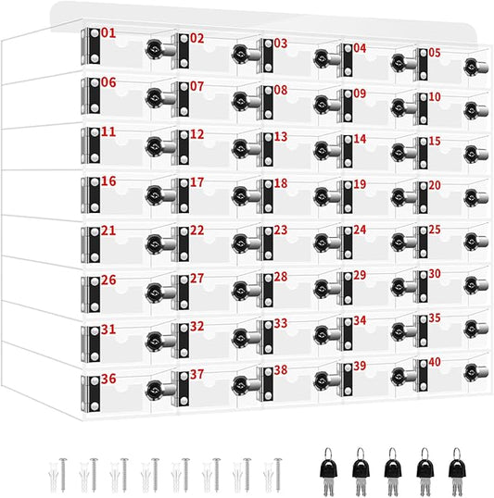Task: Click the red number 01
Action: [x=108, y=33]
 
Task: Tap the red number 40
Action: [x=435, y=362]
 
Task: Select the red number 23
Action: [x=281, y=230]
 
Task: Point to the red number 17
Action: [x=196, y=182]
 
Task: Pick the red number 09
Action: [x=360, y=93]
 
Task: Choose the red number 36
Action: [x=108, y=379]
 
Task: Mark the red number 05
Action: [x=435, y=53]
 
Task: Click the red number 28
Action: [x=281, y=277]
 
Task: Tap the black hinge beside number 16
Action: [x=95, y=194]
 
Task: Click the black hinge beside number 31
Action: [x=95, y=344]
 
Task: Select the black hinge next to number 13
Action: [x=268, y=149]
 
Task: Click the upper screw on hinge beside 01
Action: [x=95, y=33]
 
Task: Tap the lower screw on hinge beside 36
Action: [x=95, y=406]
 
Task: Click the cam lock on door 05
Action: [x=476, y=67]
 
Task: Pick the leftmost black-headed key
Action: [x=329, y=471]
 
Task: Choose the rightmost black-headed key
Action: [x=457, y=471]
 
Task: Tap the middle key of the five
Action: [x=393, y=471]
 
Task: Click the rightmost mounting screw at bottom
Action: [x=278, y=475]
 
